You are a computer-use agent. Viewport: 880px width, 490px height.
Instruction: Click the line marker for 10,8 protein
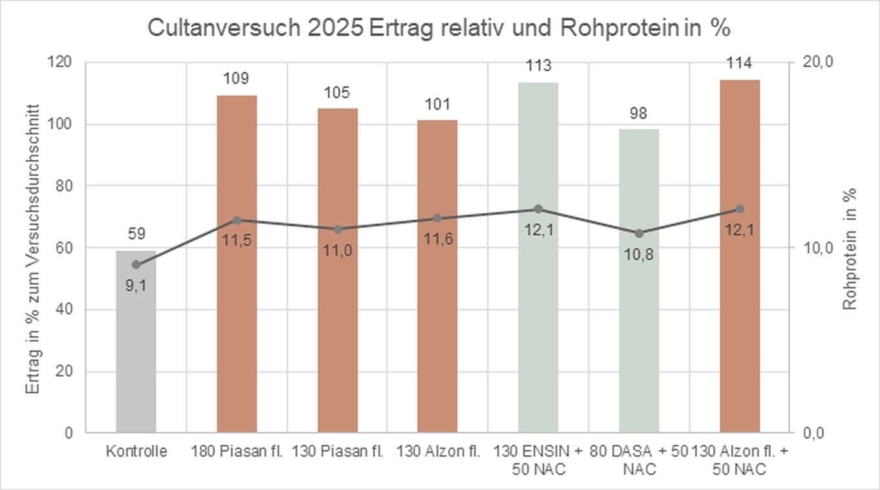click(x=638, y=233)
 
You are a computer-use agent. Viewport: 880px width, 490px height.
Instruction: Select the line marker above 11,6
click(x=437, y=218)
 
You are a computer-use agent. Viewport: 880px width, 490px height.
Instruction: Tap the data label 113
click(x=538, y=65)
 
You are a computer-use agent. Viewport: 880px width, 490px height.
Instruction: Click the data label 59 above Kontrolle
click(x=136, y=233)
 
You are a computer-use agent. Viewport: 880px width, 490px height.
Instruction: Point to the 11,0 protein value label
click(x=337, y=251)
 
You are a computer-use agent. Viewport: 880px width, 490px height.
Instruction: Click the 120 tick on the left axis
click(x=62, y=62)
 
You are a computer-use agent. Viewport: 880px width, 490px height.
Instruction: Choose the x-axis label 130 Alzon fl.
click(x=438, y=451)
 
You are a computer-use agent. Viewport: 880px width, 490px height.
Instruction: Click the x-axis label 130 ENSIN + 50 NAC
click(x=538, y=460)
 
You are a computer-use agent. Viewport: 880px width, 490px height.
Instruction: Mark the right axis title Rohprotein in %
click(x=850, y=249)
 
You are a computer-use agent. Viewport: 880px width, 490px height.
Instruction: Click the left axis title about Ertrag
click(x=33, y=249)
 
